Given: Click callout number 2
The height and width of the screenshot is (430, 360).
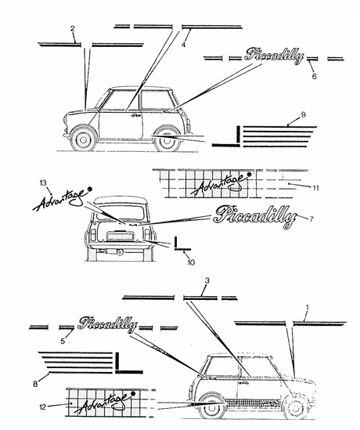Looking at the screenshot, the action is pos(72,29).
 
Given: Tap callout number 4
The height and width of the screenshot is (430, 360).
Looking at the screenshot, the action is pos(183,45).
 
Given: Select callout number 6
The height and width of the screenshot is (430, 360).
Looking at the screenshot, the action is pos(314,76).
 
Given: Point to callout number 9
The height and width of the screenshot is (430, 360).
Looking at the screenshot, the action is pos(304,114).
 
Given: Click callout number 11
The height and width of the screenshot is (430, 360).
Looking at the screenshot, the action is pos(315,188).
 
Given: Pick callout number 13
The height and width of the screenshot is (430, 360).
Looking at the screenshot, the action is pos(43,183).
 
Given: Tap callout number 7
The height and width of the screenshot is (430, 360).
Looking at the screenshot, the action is pos(311,219).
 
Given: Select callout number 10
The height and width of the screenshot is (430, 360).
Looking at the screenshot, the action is pos(191,262).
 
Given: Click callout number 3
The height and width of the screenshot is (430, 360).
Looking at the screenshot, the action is pos(207,280).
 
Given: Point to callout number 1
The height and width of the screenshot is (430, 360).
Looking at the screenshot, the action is pos(307,308).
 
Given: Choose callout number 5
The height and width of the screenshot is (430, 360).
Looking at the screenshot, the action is pos(63,341).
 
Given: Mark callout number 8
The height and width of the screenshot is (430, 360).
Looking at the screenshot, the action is pos(35,385).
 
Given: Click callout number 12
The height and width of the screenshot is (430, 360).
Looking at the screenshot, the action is pos(43,407).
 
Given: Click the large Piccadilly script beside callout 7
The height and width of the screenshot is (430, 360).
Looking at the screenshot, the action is pos(255,217).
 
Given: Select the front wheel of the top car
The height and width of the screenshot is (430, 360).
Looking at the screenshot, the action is pos(84,140).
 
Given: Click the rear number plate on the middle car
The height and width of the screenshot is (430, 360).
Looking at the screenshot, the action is pos(120,236).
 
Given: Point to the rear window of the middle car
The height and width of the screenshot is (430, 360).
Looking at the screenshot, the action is pos(120,212).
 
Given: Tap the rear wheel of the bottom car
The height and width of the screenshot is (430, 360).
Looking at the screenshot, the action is pos(211,408).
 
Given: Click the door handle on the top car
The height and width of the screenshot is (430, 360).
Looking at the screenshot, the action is pos(135,115).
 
